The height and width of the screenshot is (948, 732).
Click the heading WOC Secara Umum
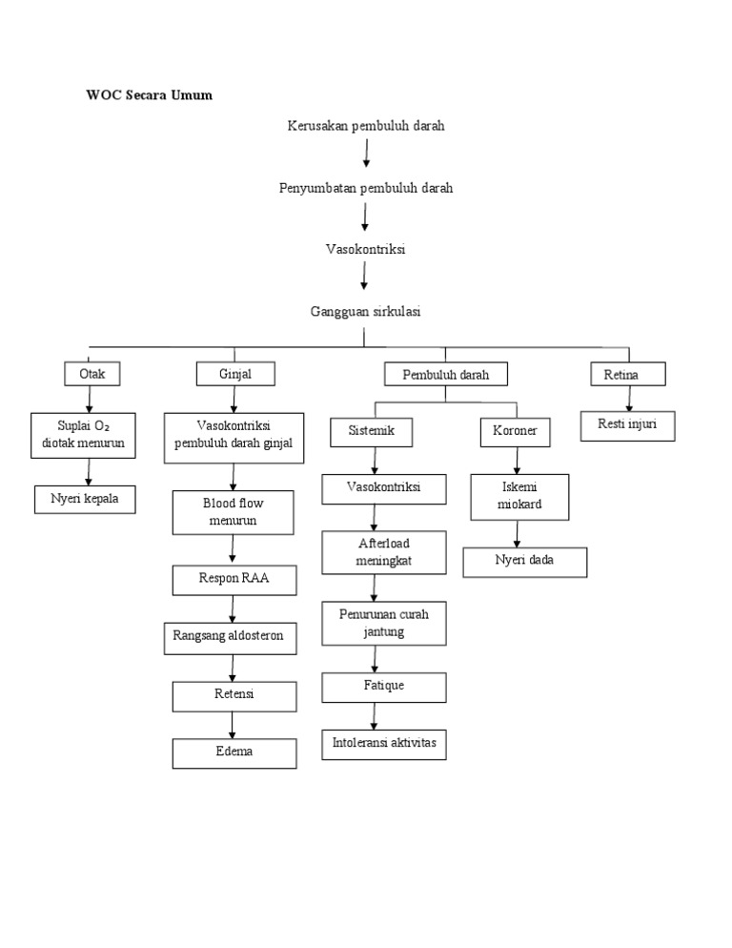point(149,95)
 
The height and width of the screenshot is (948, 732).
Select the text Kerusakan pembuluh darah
point(366,126)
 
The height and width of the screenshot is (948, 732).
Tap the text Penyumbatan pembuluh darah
point(366,188)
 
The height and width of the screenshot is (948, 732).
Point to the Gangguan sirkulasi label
point(366,311)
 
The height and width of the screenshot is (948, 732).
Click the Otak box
point(92,374)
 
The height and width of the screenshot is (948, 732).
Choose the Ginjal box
point(235,374)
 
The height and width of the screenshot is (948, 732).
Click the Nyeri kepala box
point(85,499)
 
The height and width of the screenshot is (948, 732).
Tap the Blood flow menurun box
point(234,512)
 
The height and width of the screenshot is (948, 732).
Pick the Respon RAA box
point(234,579)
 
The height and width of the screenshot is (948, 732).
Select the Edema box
point(234,752)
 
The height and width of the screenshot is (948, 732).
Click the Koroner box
point(516,432)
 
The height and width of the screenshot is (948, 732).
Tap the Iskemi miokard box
point(519,496)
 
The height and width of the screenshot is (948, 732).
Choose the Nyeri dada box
point(524,562)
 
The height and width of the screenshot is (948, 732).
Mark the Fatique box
point(383,687)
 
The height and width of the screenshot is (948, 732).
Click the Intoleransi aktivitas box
point(383,744)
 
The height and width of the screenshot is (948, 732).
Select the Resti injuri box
point(627,425)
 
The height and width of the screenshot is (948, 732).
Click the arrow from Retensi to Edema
point(234,724)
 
